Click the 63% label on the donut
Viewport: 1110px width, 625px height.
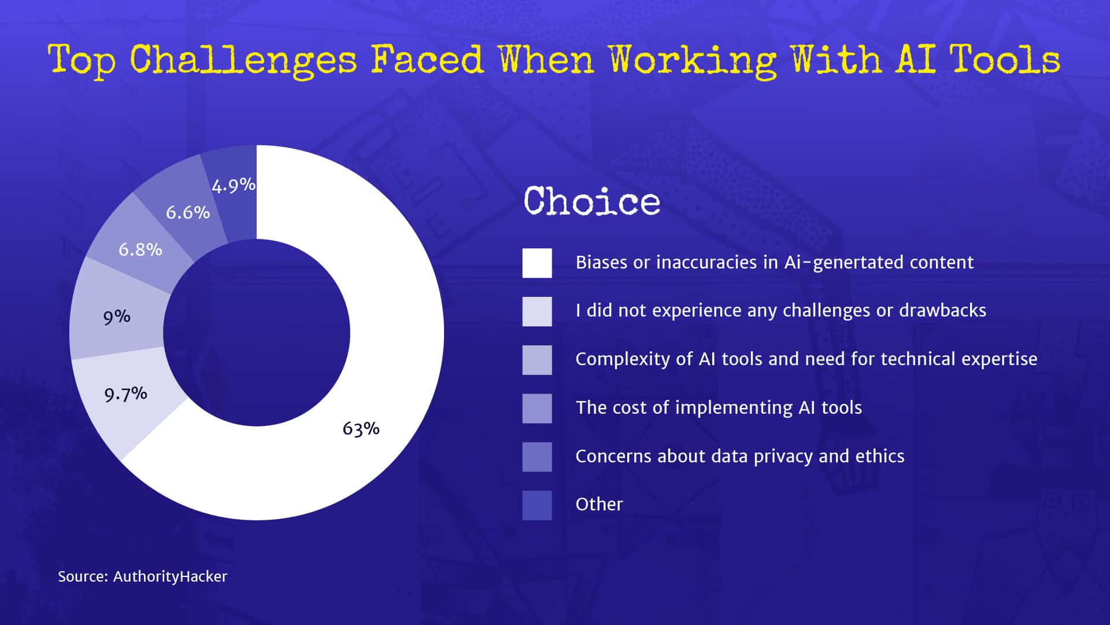pos(361,429)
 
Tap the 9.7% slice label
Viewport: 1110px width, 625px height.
pos(125,395)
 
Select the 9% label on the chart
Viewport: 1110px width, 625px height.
pos(117,317)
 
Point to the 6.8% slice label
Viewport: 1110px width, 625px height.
pos(140,250)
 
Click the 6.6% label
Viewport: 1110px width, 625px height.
pos(187,213)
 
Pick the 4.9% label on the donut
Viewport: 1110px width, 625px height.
pos(233,186)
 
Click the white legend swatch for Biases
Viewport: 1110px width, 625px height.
pos(536,263)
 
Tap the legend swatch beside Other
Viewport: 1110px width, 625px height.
pos(536,505)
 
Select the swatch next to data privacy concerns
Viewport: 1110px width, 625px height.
pos(536,457)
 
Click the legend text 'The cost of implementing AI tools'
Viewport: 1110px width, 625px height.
pos(718,408)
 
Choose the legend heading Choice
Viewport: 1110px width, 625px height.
pos(591,201)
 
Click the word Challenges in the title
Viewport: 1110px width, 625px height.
pos(243,60)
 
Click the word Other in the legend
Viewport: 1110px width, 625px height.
pos(599,505)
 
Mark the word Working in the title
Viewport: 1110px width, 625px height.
pos(693,60)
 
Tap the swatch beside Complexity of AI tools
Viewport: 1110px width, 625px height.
pos(536,360)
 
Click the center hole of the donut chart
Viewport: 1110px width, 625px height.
pos(257,333)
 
